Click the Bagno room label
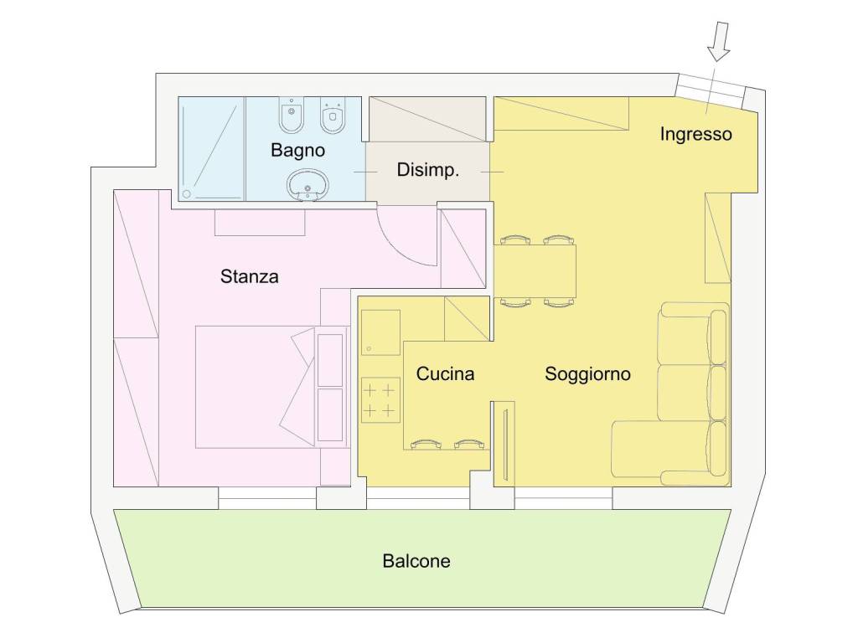click(x=297, y=150)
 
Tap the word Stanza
click(x=249, y=276)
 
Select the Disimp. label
click(x=428, y=170)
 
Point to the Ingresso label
click(x=695, y=134)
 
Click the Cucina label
click(x=445, y=373)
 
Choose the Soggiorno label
click(x=587, y=374)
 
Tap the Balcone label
click(x=416, y=560)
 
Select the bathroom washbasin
click(x=308, y=184)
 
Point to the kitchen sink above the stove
click(x=380, y=332)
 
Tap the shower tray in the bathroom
click(x=211, y=149)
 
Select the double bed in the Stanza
click(x=256, y=387)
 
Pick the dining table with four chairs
click(x=535, y=271)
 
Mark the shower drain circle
click(x=187, y=194)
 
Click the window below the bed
click(x=267, y=498)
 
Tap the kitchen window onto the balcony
click(x=418, y=498)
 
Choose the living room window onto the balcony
click(x=563, y=498)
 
